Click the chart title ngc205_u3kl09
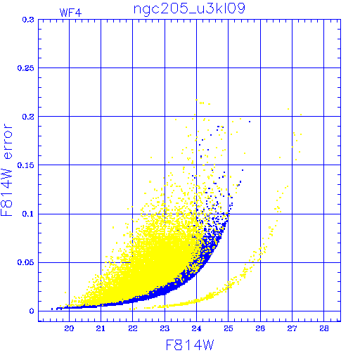pos(189,9)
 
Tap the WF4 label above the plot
pos(70,13)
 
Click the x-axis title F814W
pos(190,345)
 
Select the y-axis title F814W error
pos(6,170)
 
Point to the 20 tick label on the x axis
pos(69,328)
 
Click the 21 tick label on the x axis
pos(101,328)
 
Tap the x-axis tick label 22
pos(133,328)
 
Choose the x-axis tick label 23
pos(165,328)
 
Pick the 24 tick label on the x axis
pos(196,328)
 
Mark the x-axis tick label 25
pos(229,328)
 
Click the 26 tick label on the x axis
pos(260,328)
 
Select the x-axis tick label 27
pos(292,328)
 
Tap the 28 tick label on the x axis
pos(324,328)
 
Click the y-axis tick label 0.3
pos(28,20)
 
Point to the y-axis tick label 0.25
pos(26,68)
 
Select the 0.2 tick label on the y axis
pos(28,117)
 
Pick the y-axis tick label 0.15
pos(26,165)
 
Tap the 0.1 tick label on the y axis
pos(28,214)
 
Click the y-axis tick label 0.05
pos(26,262)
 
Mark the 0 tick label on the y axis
pos(32,311)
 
